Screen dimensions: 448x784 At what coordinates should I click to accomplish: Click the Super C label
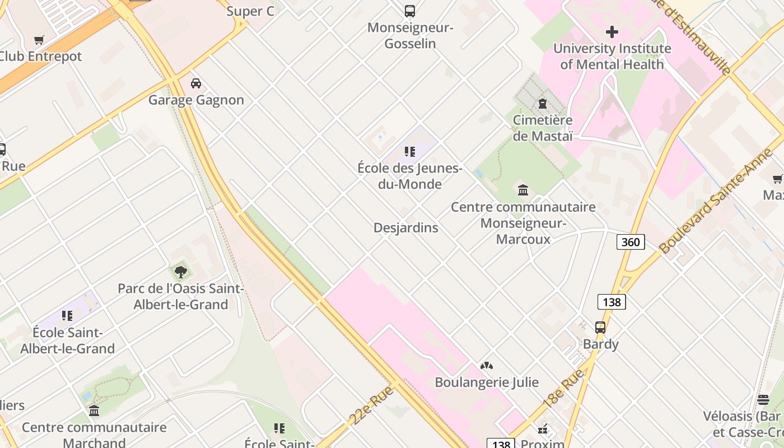pos(250,11)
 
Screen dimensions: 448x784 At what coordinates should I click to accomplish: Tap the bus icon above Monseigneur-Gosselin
pos(410,11)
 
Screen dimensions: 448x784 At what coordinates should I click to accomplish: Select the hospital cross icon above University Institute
pos(612,32)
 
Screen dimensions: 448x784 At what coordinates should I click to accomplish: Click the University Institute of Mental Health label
pos(612,57)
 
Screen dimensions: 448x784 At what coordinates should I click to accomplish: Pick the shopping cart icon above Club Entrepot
pos(39,40)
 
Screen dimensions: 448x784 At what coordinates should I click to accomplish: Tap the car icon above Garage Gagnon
pos(195,83)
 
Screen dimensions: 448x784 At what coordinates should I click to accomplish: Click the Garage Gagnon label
pos(196,100)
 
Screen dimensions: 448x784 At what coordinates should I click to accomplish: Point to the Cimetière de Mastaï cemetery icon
pos(542,104)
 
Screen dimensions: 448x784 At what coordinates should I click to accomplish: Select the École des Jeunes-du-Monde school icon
pos(410,152)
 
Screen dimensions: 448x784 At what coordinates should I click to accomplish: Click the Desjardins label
pos(405,228)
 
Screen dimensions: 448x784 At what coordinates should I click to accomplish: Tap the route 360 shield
pos(631,242)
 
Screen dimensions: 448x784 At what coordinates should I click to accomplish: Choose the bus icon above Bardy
pos(600,327)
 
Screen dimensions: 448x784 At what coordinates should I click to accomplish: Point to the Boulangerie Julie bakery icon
pos(486,366)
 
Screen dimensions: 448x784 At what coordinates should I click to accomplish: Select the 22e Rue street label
pos(371,406)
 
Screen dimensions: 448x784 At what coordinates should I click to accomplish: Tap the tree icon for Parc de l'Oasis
pos(180,272)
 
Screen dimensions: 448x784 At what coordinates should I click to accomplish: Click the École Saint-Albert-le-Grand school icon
pos(67,316)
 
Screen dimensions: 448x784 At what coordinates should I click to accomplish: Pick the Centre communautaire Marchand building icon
pos(94,411)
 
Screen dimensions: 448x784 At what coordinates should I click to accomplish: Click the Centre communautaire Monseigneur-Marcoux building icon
pos(523,190)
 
